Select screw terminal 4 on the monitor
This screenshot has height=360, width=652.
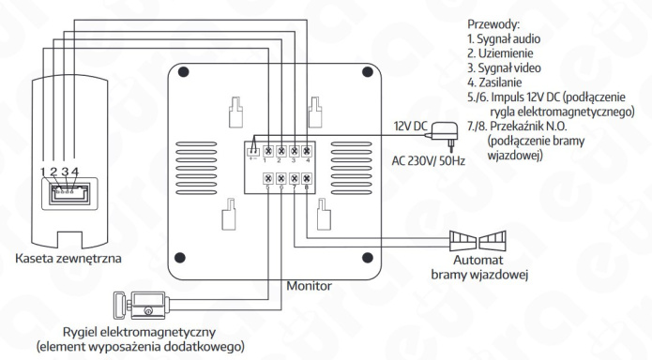pyautogui.click(x=307, y=149)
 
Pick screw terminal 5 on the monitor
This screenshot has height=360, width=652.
pyautogui.click(x=268, y=178)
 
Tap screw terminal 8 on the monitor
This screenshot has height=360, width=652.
pyautogui.click(x=307, y=178)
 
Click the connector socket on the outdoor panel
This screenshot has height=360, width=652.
pyautogui.click(x=67, y=193)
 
